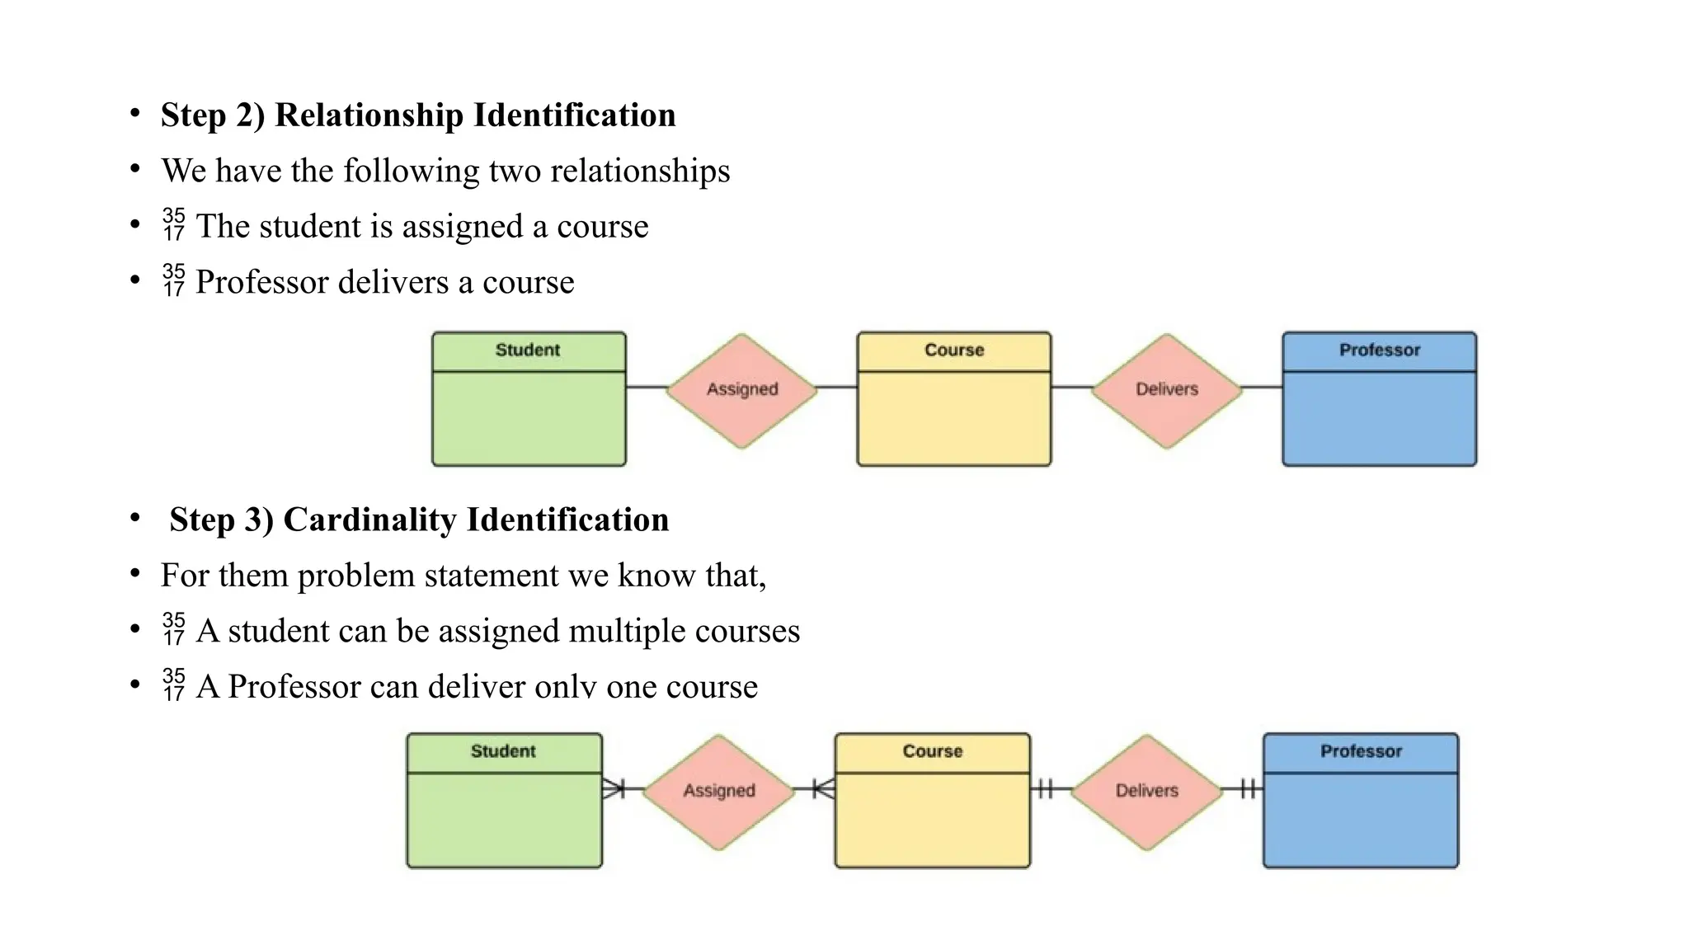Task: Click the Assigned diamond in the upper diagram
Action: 741,389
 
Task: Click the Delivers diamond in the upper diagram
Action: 1166,389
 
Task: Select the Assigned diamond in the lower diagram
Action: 718,791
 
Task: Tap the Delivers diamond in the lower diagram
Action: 1146,791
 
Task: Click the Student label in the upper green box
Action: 528,350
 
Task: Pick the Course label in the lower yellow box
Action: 932,751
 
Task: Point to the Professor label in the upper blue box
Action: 1379,350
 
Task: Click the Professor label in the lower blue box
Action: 1361,751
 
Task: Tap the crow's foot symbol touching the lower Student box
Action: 614,789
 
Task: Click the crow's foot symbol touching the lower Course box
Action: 824,789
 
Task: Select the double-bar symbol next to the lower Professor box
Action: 1249,789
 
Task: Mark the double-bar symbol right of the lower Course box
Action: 1044,789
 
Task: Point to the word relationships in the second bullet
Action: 639,171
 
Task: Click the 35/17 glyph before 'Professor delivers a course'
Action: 174,280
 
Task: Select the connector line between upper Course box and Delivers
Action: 1070,387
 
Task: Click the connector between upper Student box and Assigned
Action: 646,387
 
